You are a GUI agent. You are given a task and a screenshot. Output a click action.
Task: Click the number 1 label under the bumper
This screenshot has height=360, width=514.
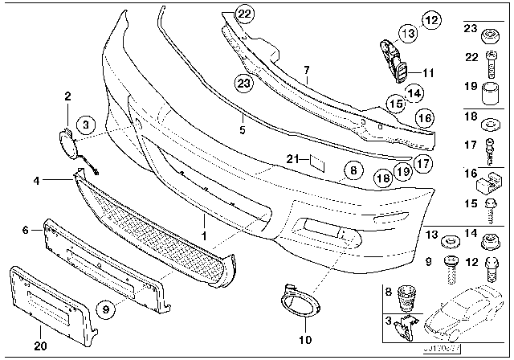pos(204,235)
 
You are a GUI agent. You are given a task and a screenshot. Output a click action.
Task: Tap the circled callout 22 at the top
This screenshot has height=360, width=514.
pos(244,12)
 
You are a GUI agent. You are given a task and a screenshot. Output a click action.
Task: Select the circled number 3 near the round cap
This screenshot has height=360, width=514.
pos(87,123)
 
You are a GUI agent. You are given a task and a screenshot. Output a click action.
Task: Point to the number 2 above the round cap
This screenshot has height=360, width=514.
pos(67,97)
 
